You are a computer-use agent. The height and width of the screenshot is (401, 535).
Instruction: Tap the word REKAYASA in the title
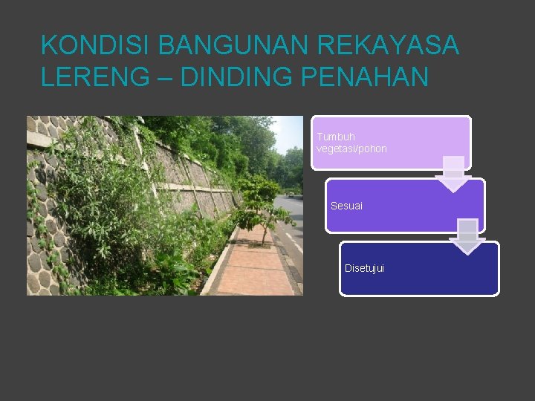click(388, 45)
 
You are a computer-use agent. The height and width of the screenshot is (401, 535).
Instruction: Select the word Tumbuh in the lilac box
click(336, 137)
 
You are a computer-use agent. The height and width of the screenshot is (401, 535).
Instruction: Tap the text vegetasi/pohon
click(351, 149)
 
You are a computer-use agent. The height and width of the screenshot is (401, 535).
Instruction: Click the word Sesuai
click(346, 206)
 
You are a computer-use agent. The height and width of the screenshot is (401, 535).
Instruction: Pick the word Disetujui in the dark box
click(364, 268)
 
